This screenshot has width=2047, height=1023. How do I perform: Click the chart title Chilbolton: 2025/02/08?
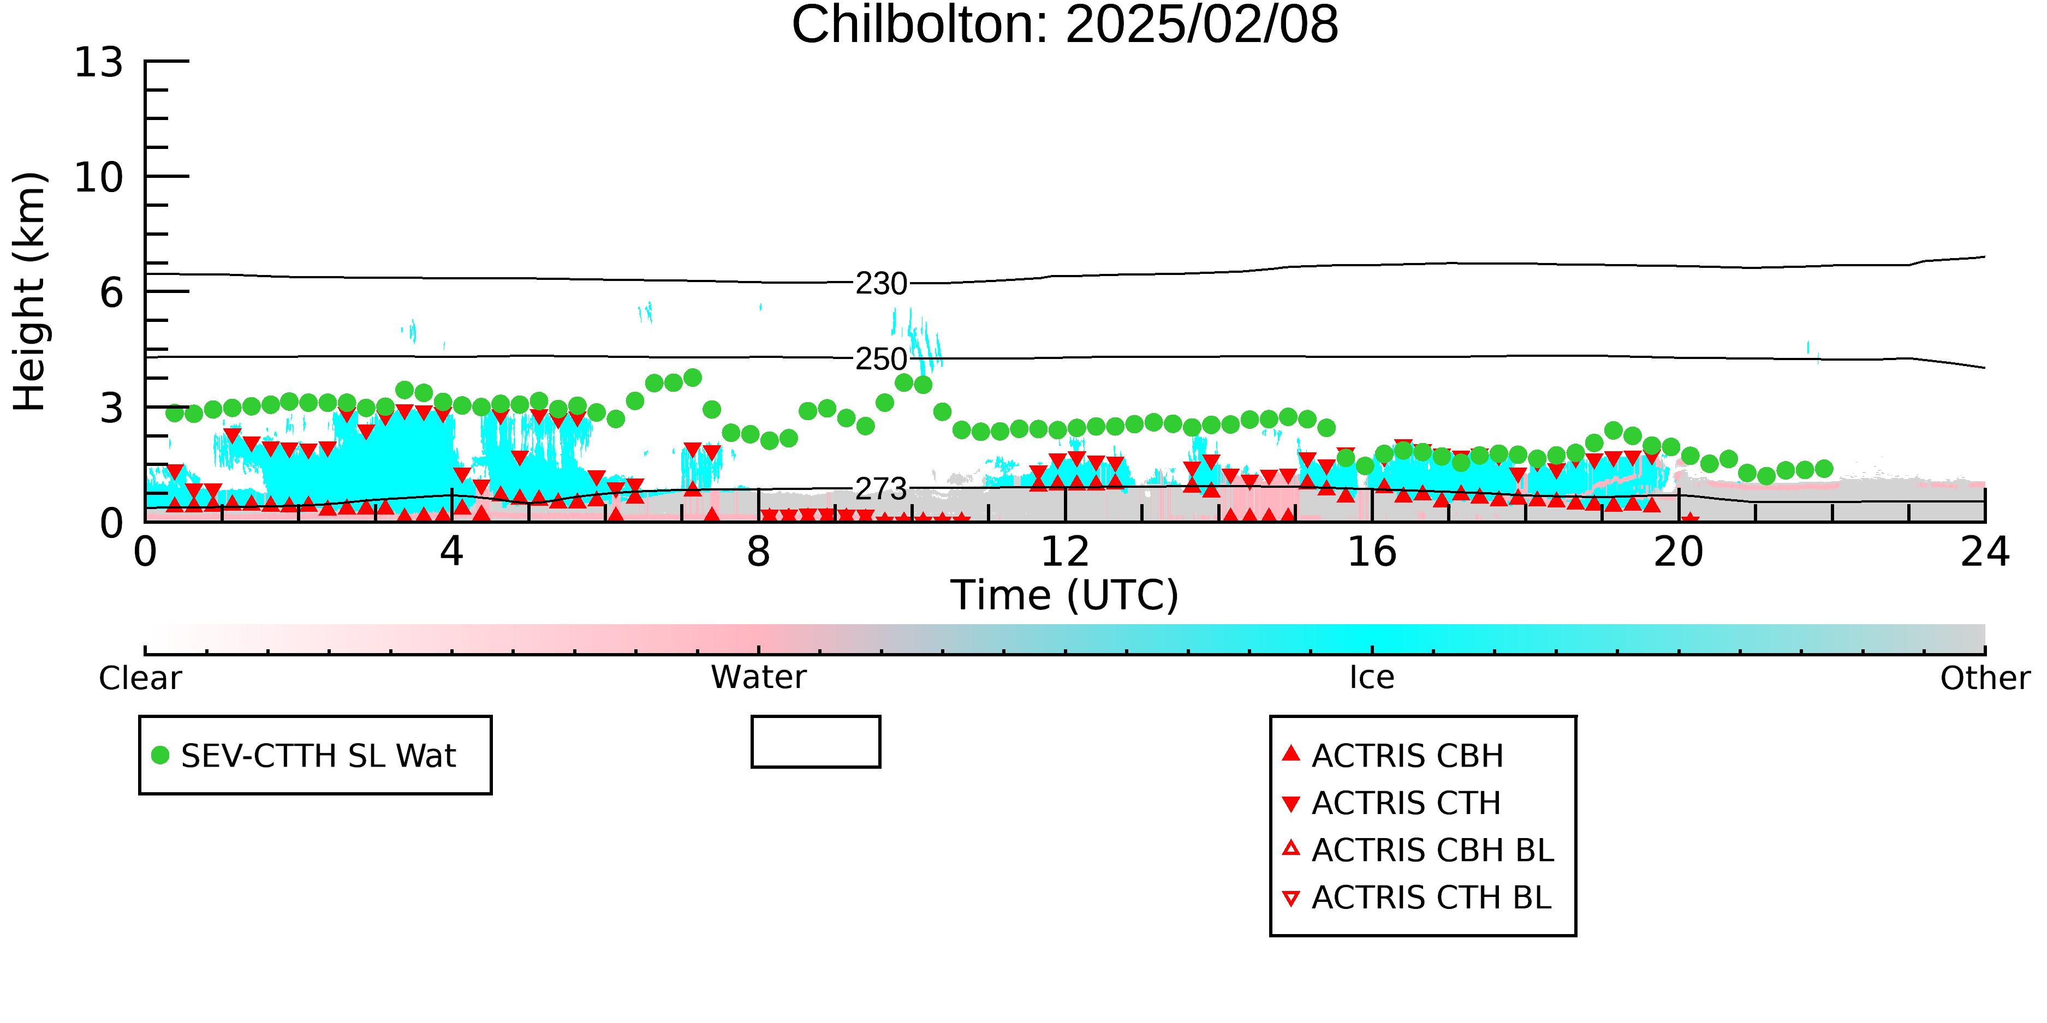coord(1065,26)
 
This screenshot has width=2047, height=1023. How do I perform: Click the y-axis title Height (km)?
coord(29,291)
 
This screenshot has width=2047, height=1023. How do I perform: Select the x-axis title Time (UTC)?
coord(1065,595)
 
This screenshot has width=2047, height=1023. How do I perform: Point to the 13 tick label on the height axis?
coord(99,62)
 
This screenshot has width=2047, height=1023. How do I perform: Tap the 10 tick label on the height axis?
coord(99,177)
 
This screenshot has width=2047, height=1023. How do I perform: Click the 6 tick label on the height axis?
coord(112,293)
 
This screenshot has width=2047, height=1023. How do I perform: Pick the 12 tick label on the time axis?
coord(1065,552)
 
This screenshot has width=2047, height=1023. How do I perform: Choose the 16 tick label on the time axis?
coord(1372,552)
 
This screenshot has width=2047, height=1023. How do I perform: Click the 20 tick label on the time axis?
coord(1679,552)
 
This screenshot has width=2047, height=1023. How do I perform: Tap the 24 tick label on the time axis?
coord(1985,552)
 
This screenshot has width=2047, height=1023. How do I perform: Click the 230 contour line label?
coord(881,284)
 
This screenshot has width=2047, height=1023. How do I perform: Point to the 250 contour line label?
coord(881,359)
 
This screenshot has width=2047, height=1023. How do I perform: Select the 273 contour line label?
coord(881,488)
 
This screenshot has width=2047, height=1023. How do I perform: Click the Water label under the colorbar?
coord(759,678)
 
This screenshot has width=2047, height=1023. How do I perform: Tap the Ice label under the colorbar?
coord(1372,678)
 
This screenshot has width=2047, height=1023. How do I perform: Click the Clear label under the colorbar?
coord(140,678)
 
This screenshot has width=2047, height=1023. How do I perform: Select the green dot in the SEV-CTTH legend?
coord(160,755)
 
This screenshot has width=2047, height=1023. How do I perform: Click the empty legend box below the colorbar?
coord(816,717)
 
